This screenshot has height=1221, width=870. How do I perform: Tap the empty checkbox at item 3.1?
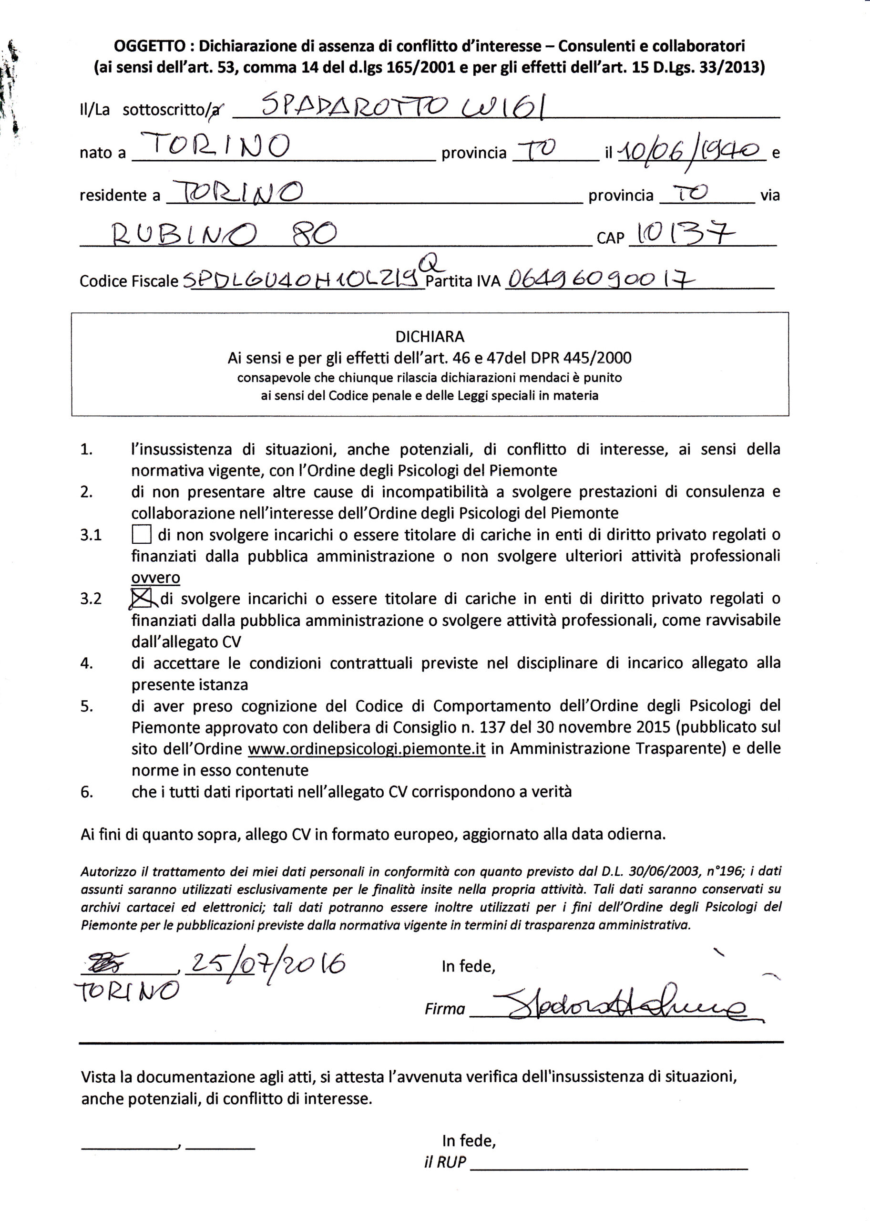tap(142, 535)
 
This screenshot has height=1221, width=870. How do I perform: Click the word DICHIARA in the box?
tap(430, 337)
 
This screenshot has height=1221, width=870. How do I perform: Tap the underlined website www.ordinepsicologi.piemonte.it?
tap(367, 749)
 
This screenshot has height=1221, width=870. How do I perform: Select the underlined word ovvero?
tap(155, 578)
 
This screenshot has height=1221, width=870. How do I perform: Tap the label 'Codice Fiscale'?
tap(129, 281)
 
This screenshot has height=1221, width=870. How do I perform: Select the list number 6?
tap(87, 792)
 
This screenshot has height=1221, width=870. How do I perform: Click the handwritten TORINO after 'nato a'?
tap(215, 145)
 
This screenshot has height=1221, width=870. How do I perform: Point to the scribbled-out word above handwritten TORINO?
tap(107, 964)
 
